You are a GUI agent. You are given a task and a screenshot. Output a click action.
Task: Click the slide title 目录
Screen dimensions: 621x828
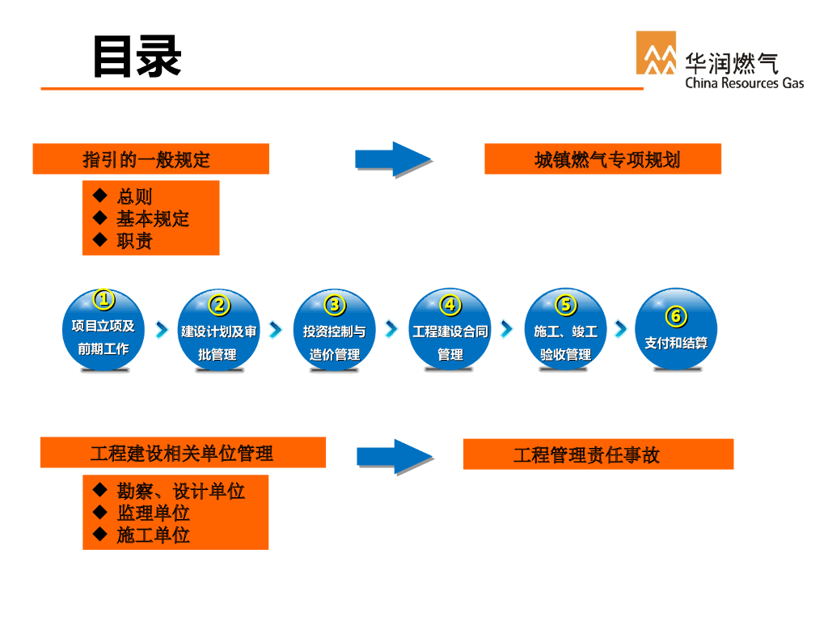(137, 56)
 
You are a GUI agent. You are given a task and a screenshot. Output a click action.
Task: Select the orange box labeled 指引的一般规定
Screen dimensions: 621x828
(150, 159)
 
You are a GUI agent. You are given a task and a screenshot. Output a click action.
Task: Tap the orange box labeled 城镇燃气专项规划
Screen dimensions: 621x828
(602, 159)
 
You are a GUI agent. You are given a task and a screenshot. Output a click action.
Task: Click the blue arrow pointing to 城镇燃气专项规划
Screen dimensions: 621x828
(392, 159)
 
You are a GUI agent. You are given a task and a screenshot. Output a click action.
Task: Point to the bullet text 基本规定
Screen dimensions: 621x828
(152, 219)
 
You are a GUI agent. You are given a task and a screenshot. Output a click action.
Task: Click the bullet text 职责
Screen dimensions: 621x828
(134, 241)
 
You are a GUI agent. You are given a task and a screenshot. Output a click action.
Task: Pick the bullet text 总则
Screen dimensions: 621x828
(134, 197)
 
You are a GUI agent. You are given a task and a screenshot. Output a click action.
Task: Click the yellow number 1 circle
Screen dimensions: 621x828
(103, 300)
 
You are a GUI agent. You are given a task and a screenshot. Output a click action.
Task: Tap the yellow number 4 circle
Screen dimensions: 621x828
(450, 305)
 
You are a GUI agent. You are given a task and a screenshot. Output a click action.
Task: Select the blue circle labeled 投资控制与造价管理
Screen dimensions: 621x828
(334, 336)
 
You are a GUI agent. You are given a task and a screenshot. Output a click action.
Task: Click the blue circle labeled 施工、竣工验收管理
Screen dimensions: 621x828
(565, 336)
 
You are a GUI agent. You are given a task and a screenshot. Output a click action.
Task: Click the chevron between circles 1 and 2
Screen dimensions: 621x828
(162, 330)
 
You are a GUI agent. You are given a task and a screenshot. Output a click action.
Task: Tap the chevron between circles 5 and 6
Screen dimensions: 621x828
(620, 329)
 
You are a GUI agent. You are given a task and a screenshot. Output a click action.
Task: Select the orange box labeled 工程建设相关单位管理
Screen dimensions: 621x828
(183, 453)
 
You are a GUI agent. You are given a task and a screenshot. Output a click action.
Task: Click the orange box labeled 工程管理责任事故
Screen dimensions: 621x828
(598, 454)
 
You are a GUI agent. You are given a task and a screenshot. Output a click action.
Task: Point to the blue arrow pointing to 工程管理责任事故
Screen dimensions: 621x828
(395, 455)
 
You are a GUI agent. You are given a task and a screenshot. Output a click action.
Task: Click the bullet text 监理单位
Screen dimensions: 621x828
(153, 513)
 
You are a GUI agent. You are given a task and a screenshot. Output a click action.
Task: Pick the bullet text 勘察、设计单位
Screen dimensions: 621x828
(180, 492)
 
